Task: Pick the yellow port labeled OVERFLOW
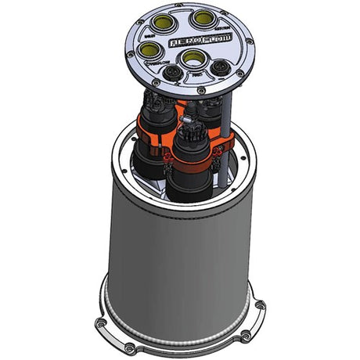coord(149,52)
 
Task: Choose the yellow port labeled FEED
coord(190,59)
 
